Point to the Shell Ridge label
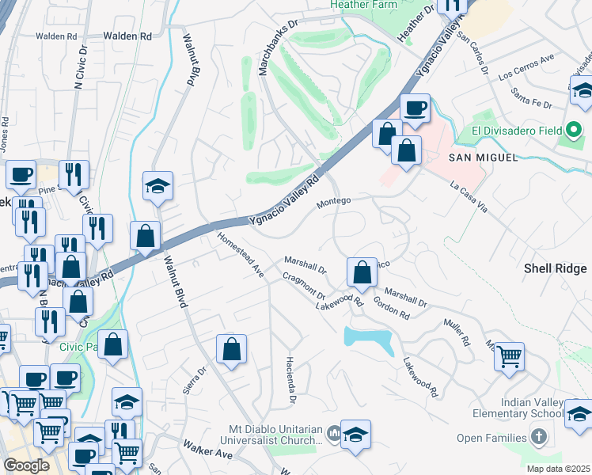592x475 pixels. click(556, 268)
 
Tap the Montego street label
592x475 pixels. click(333, 203)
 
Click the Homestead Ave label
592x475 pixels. click(240, 253)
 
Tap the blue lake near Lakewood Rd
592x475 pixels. click(369, 340)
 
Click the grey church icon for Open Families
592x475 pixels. click(538, 437)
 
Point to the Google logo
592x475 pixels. click(27, 465)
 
